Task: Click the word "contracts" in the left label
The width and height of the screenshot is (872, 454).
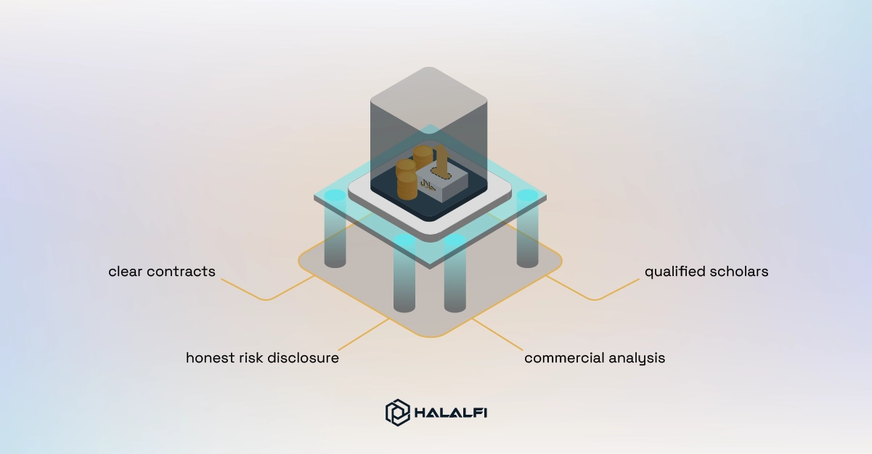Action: click(181, 272)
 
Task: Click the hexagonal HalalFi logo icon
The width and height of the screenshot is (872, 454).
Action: click(397, 413)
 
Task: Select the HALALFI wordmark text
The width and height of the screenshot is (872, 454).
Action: click(451, 413)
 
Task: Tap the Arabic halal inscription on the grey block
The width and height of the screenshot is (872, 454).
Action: click(428, 185)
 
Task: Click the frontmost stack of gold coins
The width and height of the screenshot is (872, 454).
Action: click(407, 186)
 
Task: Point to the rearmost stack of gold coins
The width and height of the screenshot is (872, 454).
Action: click(423, 156)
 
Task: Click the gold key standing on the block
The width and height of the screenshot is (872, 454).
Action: click(441, 163)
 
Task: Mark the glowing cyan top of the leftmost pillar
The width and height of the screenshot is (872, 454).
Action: click(335, 195)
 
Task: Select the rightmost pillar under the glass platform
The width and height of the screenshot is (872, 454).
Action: click(527, 229)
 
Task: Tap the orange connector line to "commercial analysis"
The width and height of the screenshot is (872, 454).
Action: click(497, 334)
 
